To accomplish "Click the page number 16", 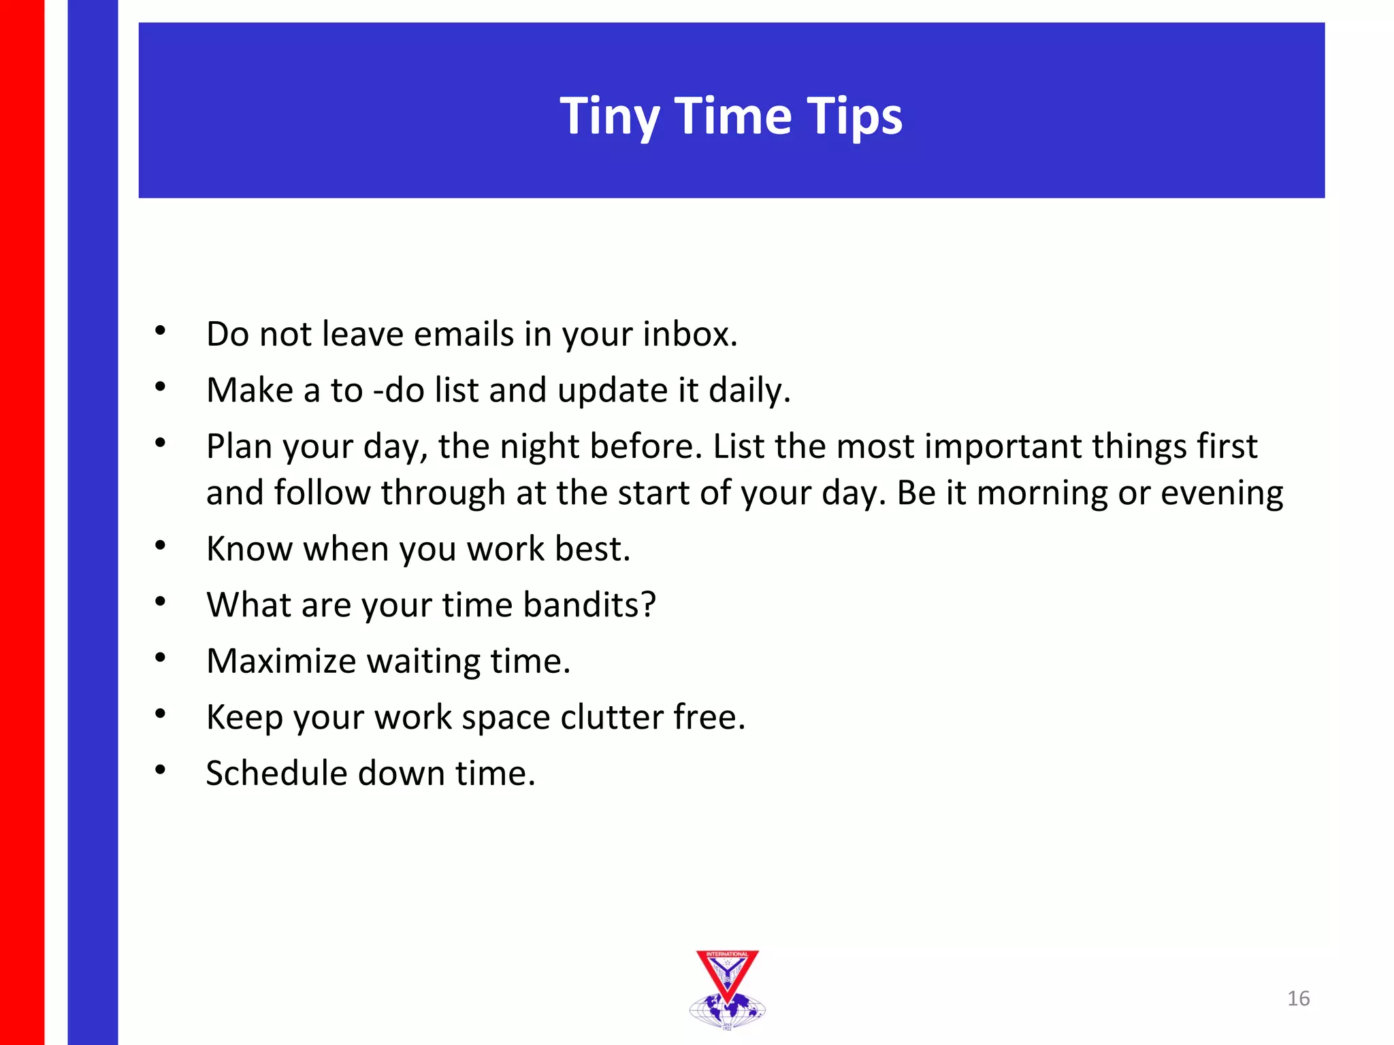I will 1298,998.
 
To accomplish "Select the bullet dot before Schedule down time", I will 161,769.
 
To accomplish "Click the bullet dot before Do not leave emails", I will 161,331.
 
